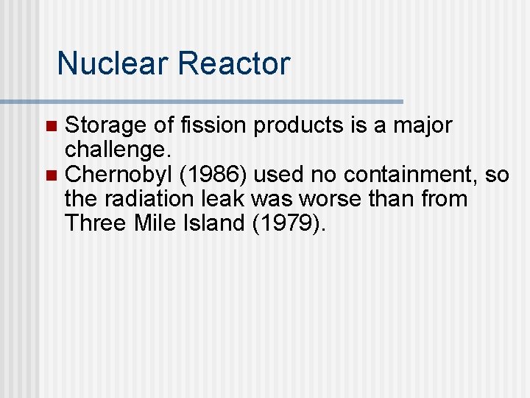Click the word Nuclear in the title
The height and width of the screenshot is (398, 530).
pyautogui.click(x=112, y=63)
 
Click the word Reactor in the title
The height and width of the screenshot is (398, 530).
pyautogui.click(x=233, y=63)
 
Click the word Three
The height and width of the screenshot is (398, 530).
pyautogui.click(x=91, y=223)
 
